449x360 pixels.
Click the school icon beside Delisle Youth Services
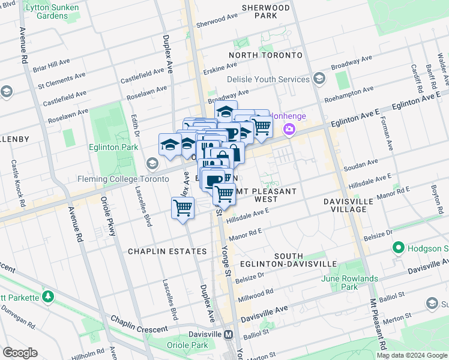319,79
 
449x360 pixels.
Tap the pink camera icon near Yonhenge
289,128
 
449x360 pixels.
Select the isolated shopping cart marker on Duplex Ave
182,209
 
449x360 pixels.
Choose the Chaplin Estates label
167,251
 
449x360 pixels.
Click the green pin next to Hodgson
398,248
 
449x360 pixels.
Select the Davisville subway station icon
229,334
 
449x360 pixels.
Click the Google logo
20,353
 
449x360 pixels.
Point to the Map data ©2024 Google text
411,355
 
